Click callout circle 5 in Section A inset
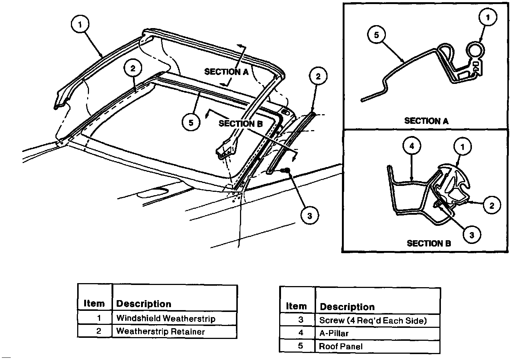(376, 35)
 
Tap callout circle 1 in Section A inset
(488, 17)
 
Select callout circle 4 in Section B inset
(412, 146)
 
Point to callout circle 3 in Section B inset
(472, 235)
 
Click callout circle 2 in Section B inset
(492, 205)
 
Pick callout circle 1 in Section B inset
(463, 147)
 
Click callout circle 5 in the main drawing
(191, 123)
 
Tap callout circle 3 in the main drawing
(309, 215)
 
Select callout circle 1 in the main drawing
(80, 25)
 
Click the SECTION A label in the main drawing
(226, 72)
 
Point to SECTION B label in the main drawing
(240, 123)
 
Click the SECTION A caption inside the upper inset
(426, 120)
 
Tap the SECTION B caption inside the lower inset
(429, 243)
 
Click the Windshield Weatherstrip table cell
(174, 318)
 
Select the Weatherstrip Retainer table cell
(174, 331)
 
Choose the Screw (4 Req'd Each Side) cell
(378, 320)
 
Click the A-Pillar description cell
(378, 333)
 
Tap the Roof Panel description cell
(378, 346)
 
